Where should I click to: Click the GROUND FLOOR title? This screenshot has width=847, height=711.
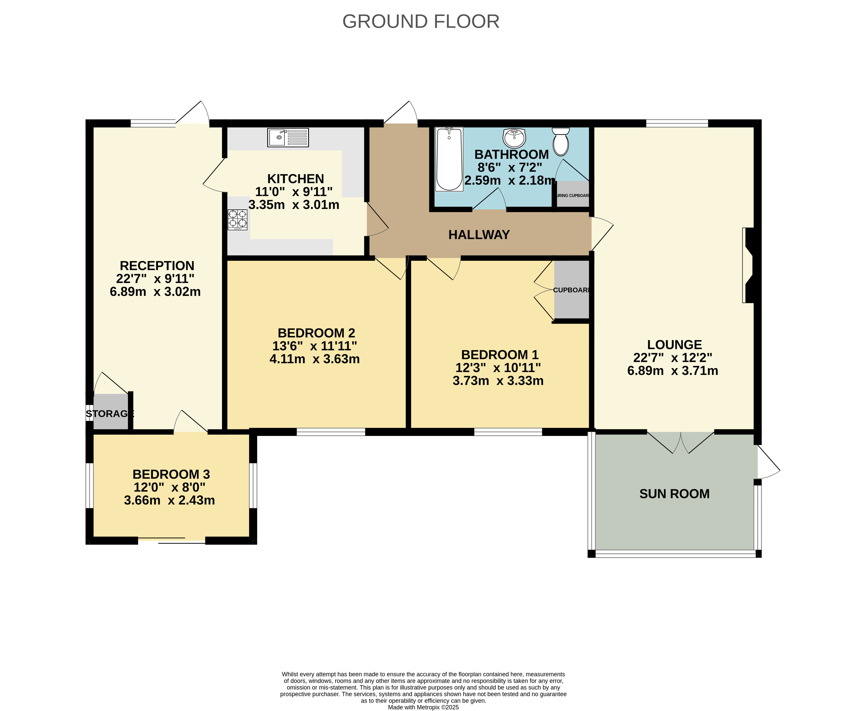[421, 21]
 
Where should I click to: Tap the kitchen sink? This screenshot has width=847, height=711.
[288, 138]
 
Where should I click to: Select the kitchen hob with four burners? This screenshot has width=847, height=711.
[238, 219]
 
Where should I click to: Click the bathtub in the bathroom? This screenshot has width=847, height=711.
[449, 159]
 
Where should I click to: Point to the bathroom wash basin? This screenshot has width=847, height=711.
[514, 138]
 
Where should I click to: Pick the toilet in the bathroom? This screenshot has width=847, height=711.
[561, 142]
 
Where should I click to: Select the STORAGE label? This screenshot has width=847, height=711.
[110, 414]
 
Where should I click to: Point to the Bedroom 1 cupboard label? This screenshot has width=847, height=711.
[571, 290]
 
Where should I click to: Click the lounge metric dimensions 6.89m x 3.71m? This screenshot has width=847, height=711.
[673, 371]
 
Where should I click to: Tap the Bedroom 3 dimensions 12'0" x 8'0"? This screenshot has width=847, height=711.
[169, 487]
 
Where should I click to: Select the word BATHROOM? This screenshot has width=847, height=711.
[512, 154]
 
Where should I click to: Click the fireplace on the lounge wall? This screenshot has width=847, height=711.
[749, 265]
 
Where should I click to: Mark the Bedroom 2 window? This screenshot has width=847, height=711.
[331, 432]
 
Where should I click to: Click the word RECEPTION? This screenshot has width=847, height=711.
[157, 266]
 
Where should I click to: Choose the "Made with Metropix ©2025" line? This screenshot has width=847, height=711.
[424, 707]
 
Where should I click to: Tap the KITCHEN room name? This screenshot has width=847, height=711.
[296, 179]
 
